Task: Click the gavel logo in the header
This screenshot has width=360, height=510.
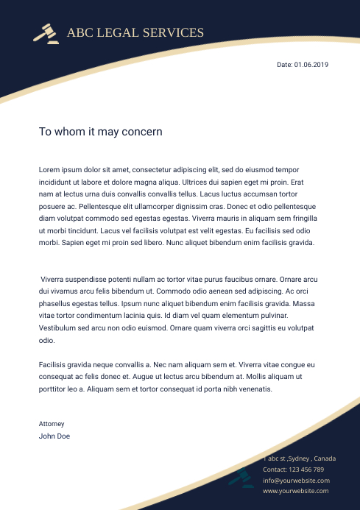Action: point(46,33)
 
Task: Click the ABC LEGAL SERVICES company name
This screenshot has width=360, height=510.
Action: point(135,32)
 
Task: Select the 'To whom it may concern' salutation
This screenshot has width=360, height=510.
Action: point(100,132)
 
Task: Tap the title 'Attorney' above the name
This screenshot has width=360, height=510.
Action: point(52,424)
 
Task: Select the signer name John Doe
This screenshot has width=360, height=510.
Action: point(54,436)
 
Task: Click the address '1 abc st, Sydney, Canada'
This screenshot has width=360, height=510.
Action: point(300,458)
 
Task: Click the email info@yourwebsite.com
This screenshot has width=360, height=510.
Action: point(296,480)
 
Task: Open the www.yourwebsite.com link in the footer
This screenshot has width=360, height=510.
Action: point(296,491)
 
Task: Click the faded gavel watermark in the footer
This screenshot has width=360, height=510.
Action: point(241,478)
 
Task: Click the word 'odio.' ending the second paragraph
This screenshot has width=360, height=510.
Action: point(46,341)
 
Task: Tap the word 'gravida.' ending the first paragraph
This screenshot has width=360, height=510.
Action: point(297,242)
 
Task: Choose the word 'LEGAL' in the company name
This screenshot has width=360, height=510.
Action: point(117,32)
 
